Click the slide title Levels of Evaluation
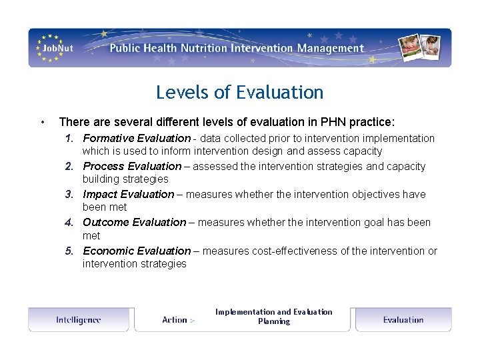point(239,92)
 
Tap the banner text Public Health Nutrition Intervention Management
point(237,48)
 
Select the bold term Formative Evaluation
point(136,139)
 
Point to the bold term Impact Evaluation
point(128,195)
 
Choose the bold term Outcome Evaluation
point(134,223)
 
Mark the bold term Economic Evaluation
point(136,251)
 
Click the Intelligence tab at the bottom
point(79,320)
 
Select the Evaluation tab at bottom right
point(403,320)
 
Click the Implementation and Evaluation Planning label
point(273,317)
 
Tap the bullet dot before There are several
point(42,123)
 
